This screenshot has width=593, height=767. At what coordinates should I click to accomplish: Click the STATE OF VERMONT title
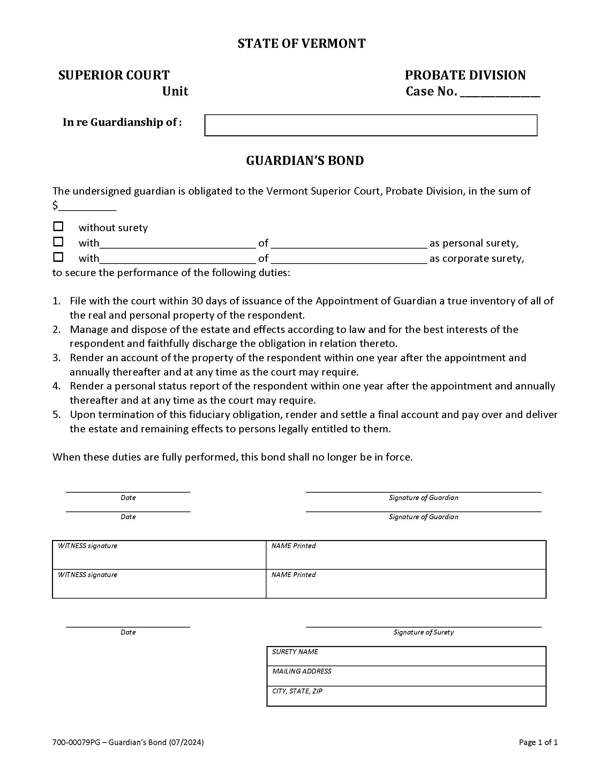(x=301, y=44)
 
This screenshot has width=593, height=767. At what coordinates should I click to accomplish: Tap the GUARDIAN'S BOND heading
(x=305, y=160)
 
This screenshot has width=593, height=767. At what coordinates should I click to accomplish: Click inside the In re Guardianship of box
(x=370, y=125)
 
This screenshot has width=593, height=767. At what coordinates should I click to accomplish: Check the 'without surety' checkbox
(x=58, y=227)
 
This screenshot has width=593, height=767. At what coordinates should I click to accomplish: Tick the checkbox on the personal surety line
(x=58, y=242)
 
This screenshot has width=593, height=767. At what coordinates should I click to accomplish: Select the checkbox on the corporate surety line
(x=58, y=257)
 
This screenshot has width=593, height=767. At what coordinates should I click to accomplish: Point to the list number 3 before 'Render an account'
(x=57, y=358)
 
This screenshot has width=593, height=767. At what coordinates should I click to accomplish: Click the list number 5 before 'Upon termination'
(x=57, y=415)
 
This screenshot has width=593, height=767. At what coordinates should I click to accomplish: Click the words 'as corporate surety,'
(x=476, y=258)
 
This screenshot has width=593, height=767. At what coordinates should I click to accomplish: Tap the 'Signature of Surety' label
(x=423, y=632)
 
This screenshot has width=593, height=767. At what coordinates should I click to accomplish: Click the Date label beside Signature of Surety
(x=128, y=632)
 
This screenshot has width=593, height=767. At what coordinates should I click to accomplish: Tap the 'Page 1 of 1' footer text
(x=538, y=742)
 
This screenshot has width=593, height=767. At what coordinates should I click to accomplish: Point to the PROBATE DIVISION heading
(x=465, y=75)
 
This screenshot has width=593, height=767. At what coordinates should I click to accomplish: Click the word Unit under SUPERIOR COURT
(x=175, y=91)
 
